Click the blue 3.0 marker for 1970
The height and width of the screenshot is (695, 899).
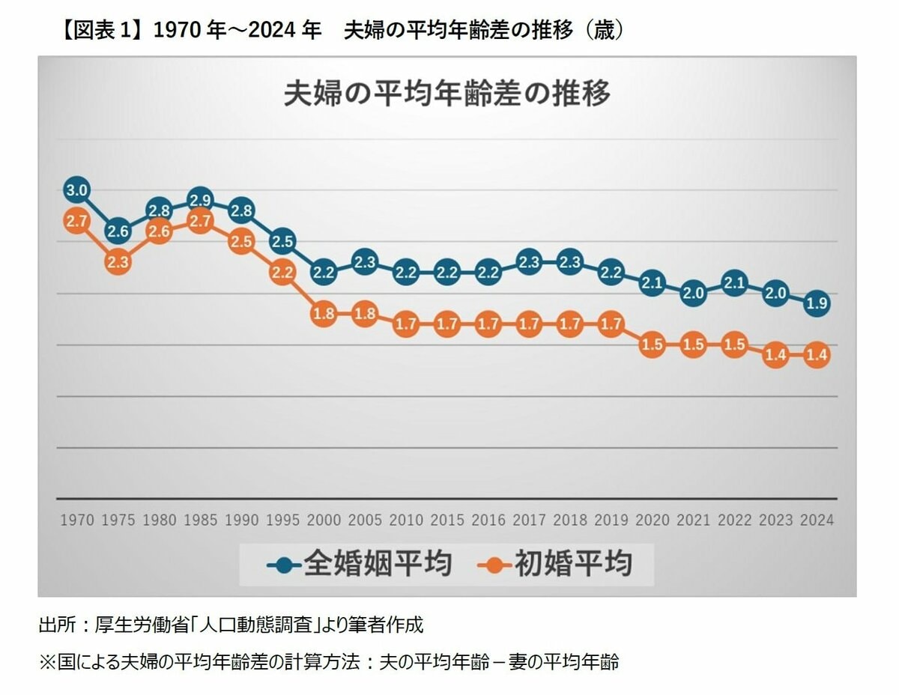(x=76, y=191)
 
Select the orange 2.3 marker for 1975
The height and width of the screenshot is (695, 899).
(x=118, y=263)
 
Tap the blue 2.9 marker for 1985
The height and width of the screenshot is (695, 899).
(x=200, y=200)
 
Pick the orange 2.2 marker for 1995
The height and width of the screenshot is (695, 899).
(x=282, y=273)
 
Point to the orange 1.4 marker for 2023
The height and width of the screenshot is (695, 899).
(x=775, y=356)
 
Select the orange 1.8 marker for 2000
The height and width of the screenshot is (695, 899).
(x=324, y=315)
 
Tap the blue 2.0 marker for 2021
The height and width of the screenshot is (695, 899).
(x=693, y=294)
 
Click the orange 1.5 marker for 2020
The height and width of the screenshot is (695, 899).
(x=652, y=345)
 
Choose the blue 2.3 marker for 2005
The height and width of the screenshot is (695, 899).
(x=364, y=263)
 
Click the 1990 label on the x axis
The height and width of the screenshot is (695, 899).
(x=241, y=521)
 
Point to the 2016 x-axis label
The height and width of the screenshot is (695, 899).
(x=488, y=521)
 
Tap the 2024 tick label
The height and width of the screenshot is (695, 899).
(x=817, y=521)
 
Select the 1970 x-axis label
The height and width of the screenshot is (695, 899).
(x=76, y=521)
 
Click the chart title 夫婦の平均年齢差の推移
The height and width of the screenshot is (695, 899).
(x=447, y=95)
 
